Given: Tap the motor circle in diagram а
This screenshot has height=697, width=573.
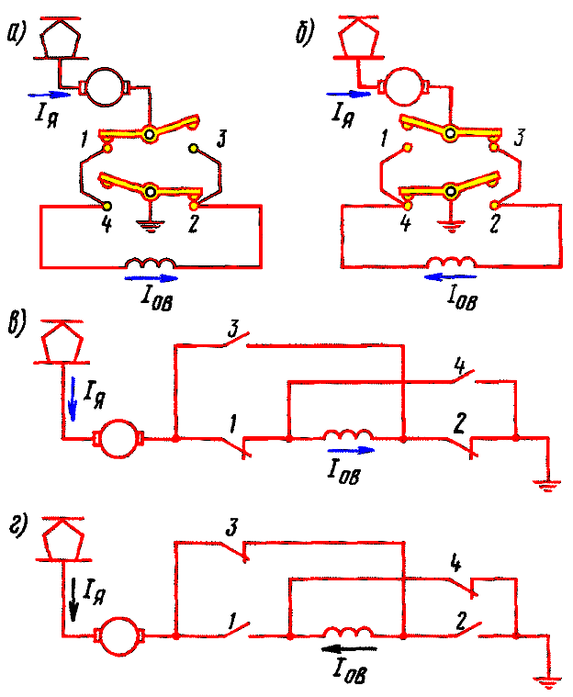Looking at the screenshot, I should pyautogui.click(x=110, y=87).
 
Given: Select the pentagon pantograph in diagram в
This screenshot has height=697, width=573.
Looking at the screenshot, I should pyautogui.click(x=63, y=343).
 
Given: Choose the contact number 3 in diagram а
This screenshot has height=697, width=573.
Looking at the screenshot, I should pyautogui.click(x=221, y=140).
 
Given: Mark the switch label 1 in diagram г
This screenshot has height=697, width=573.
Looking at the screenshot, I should pyautogui.click(x=229, y=617).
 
